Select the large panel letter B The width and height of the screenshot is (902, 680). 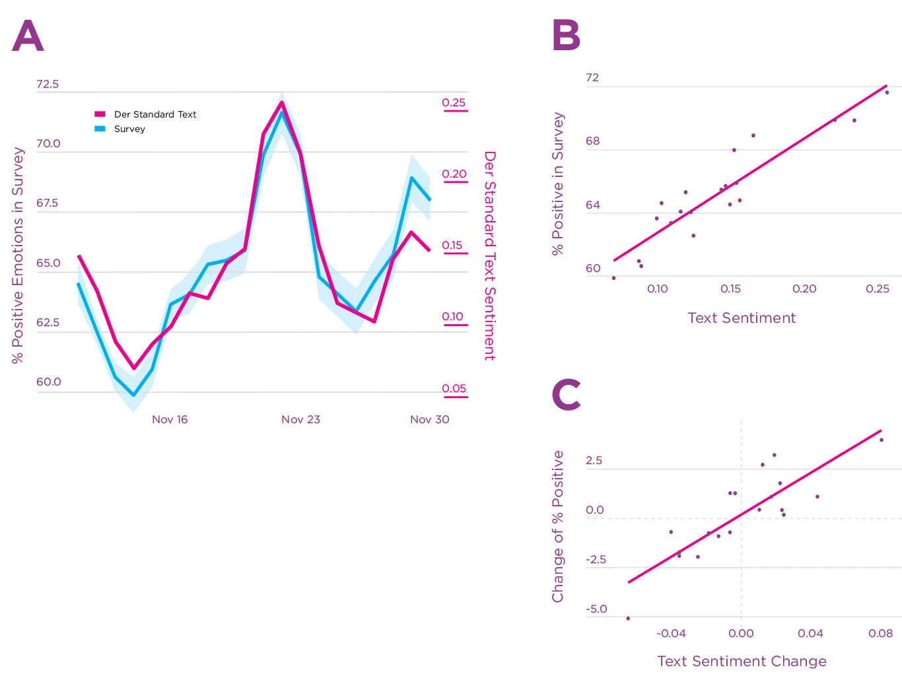pos(566,36)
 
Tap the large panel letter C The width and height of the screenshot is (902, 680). pos(566,395)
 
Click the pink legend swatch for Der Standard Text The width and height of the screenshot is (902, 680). pos(100,114)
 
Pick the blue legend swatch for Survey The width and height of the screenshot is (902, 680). pos(100,129)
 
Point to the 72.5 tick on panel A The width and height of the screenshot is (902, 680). pos(48,84)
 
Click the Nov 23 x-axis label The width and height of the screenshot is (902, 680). pos(300,419)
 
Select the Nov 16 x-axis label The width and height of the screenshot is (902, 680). pos(170,419)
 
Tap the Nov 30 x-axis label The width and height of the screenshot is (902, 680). pos(429,419)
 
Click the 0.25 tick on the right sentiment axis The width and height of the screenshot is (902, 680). pos(454,102)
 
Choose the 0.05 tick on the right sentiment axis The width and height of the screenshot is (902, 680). pos(454,388)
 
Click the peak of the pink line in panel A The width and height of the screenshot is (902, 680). pos(282,102)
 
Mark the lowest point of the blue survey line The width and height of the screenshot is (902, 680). pos(133,395)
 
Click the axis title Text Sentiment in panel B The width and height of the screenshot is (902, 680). pos(742,318)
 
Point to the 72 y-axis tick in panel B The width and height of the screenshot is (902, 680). pos(592,77)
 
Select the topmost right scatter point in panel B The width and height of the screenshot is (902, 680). pos(887,92)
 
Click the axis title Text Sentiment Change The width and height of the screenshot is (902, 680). pos(742,661)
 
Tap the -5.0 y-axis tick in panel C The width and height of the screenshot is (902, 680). pos(596,609)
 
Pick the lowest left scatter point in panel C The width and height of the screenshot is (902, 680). pos(628,619)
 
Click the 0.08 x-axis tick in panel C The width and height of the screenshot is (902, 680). pos(880,633)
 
